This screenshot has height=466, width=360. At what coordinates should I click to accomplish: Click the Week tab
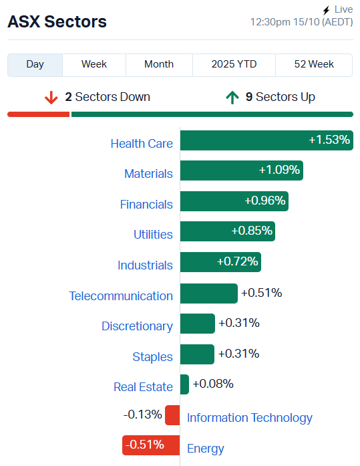coord(94,64)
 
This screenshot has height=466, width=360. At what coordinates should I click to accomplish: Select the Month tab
coord(159,64)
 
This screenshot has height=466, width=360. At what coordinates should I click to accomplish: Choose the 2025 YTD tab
coord(234,64)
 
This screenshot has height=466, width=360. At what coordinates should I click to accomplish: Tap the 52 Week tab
coord(314,64)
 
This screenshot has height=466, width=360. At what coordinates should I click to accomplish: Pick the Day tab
coord(35,64)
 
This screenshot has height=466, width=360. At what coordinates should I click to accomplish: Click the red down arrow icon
coord(51,98)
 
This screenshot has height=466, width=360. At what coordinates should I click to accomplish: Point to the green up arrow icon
coord(232,98)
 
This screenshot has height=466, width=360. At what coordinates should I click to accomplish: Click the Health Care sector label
coord(142,143)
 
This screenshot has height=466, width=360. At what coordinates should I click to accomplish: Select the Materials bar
coord(241,170)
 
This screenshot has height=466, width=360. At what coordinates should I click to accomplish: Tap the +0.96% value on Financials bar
coord(265,201)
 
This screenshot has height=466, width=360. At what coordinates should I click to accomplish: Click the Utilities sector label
coord(153,234)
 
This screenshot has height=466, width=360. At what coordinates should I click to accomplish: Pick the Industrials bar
coord(220,262)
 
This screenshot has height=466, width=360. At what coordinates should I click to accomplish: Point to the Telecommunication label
coord(121,296)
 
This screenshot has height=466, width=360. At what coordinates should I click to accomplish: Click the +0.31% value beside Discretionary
coord(239,323)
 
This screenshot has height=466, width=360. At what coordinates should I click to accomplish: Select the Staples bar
coord(197,354)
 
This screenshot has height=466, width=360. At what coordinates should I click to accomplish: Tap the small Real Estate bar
coord(184,384)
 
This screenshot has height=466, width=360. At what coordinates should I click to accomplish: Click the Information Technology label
coord(250,418)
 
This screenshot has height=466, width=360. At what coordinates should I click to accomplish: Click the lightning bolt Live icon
coord(326,10)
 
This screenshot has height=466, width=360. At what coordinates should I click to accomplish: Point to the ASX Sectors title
coord(57,21)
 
